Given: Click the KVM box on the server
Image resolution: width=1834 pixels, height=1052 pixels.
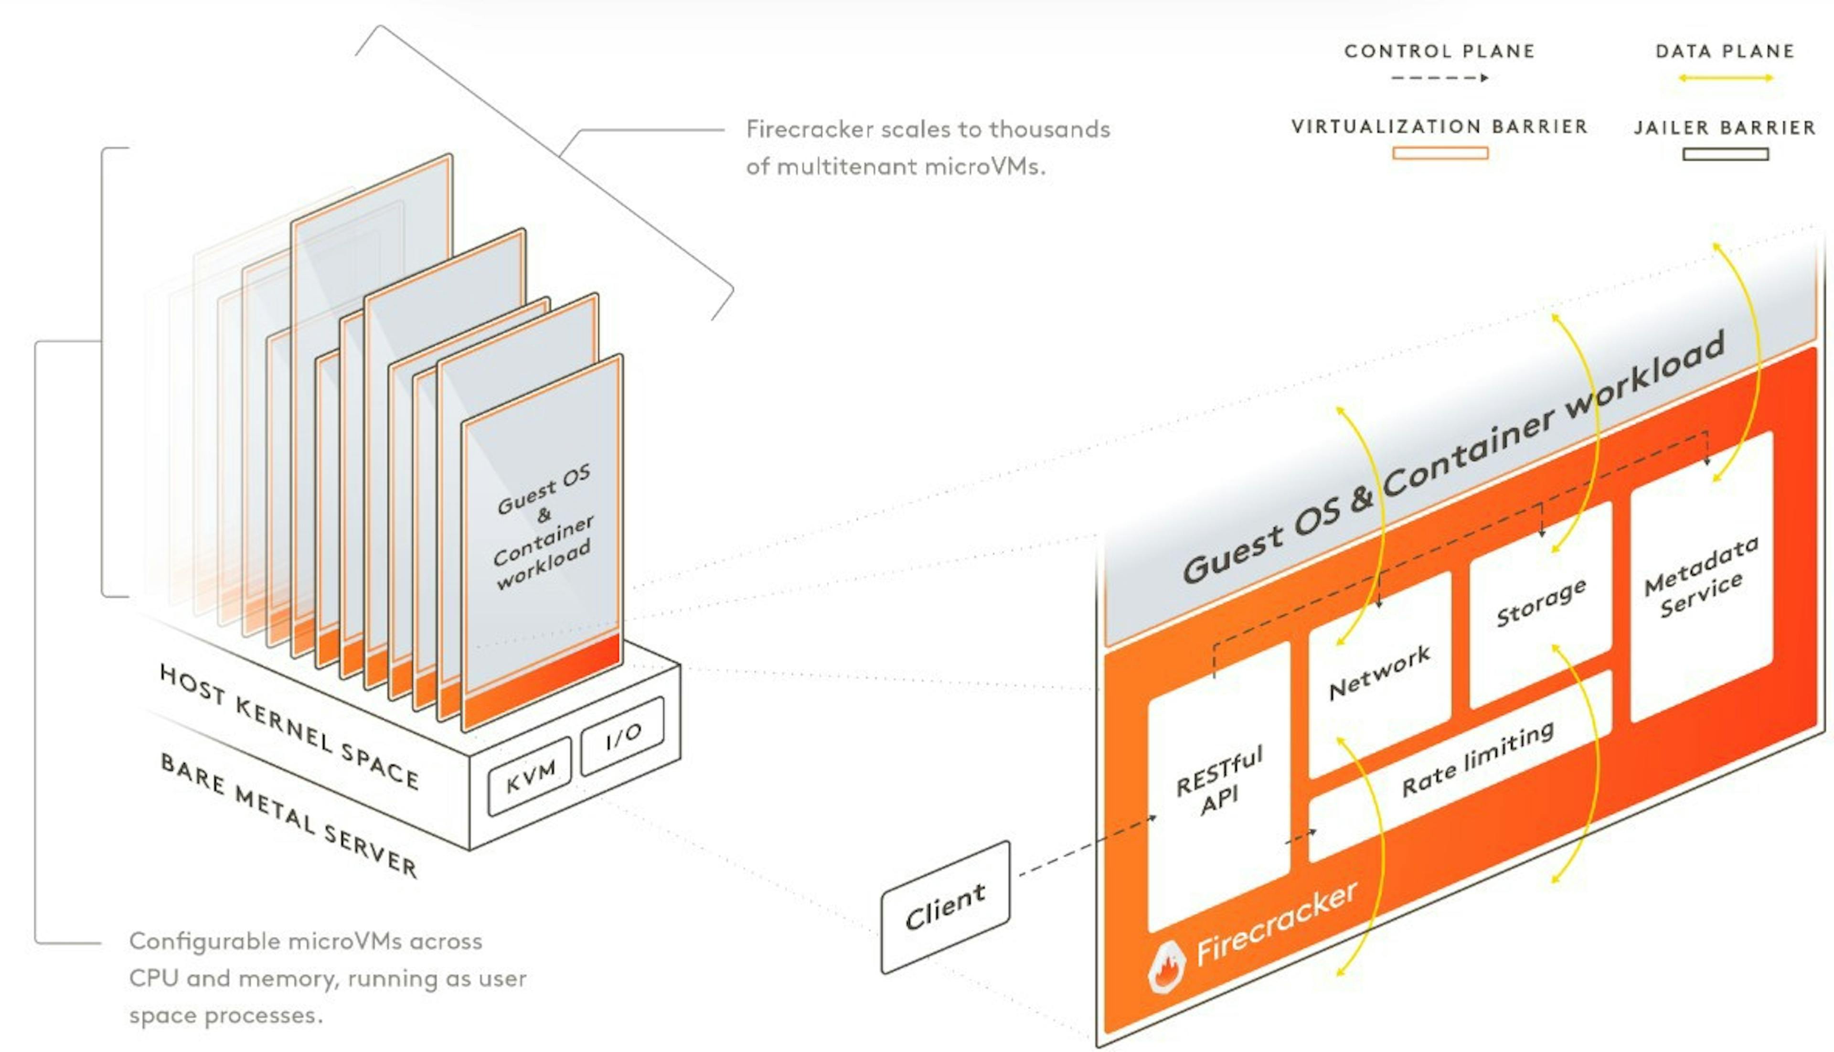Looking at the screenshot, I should pos(530,775).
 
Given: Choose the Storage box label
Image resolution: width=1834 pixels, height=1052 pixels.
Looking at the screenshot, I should pos(1541,602).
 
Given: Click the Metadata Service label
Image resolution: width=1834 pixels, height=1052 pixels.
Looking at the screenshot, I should pos(1701,577).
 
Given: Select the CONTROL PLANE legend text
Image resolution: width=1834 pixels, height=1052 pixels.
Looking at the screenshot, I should pos(1439,51).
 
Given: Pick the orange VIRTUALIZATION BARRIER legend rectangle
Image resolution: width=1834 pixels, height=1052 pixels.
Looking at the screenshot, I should pos(1439,152).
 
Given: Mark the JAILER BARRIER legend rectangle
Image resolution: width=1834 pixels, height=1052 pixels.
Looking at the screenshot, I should pos(1725,154).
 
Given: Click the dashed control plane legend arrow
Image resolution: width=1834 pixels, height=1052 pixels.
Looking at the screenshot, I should pos(1439,77).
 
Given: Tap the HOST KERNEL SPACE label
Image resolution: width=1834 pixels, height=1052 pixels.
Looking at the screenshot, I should pos(289,726).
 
